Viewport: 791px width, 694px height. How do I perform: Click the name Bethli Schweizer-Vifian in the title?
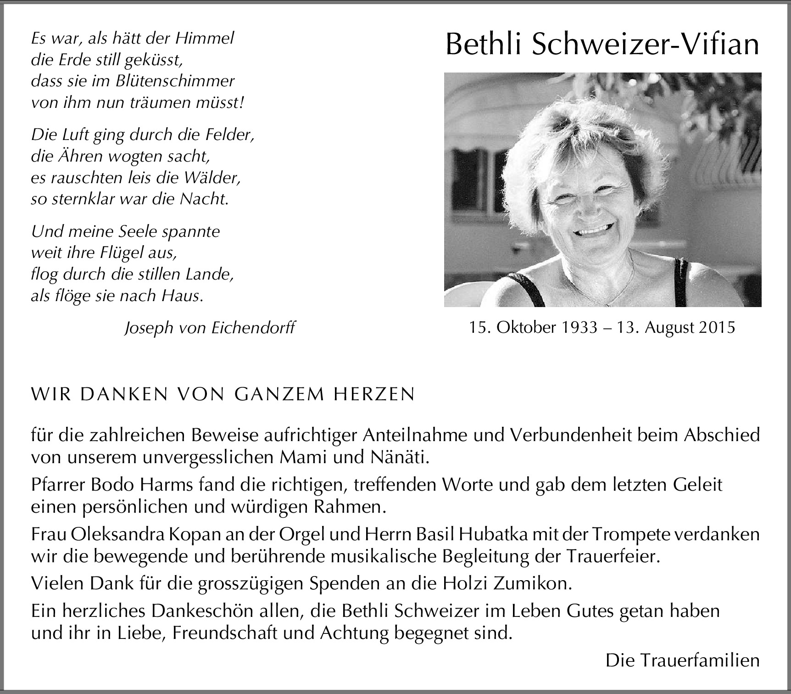tap(602, 45)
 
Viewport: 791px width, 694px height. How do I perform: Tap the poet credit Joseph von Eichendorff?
tap(210, 328)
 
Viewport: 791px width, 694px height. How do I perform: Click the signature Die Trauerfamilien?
tap(682, 660)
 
